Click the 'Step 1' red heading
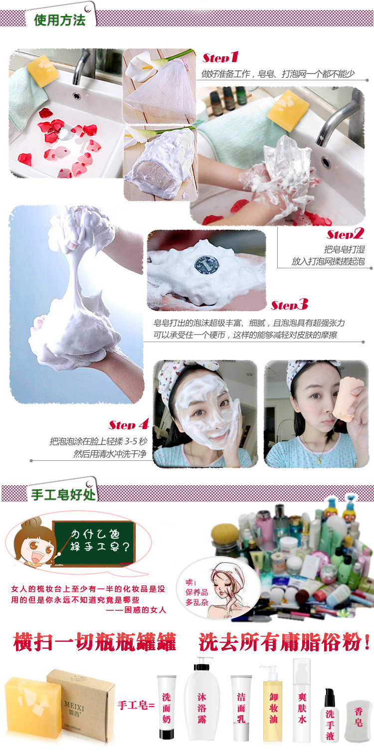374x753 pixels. pos(220,57)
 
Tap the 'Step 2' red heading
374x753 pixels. pos(345,234)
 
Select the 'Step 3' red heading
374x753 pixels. pos(289,305)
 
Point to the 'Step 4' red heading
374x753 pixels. pos(129,424)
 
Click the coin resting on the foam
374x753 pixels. pos(206,265)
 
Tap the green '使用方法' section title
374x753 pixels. pos(60,20)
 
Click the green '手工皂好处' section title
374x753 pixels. pos(63,495)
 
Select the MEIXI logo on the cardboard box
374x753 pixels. pos(74,708)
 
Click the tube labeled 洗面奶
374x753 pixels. pos(167,707)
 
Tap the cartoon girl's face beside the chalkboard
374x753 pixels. pos(37,547)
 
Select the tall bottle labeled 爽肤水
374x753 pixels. pos(302,700)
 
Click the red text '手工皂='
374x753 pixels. pos(136,705)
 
